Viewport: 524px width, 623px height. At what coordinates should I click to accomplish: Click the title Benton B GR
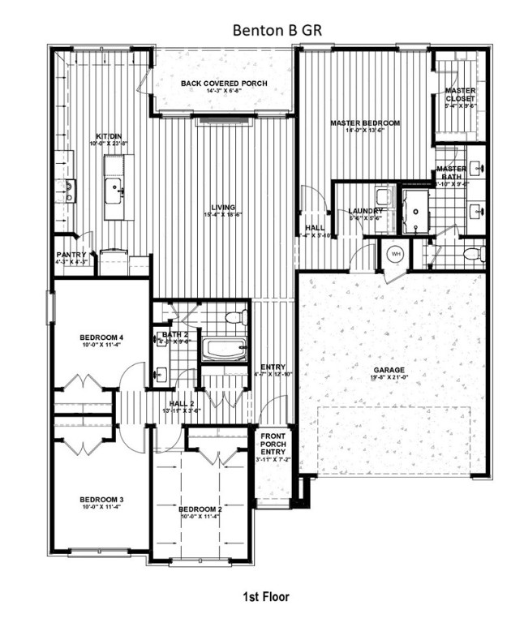point(261,31)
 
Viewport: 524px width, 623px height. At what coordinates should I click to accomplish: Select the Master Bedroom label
point(364,123)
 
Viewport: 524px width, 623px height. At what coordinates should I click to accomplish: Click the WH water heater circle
point(397,254)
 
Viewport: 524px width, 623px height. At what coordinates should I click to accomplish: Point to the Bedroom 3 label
point(101,500)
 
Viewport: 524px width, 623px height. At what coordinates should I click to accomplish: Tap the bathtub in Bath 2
point(223,350)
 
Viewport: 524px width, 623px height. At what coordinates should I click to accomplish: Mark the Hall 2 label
point(182,403)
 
